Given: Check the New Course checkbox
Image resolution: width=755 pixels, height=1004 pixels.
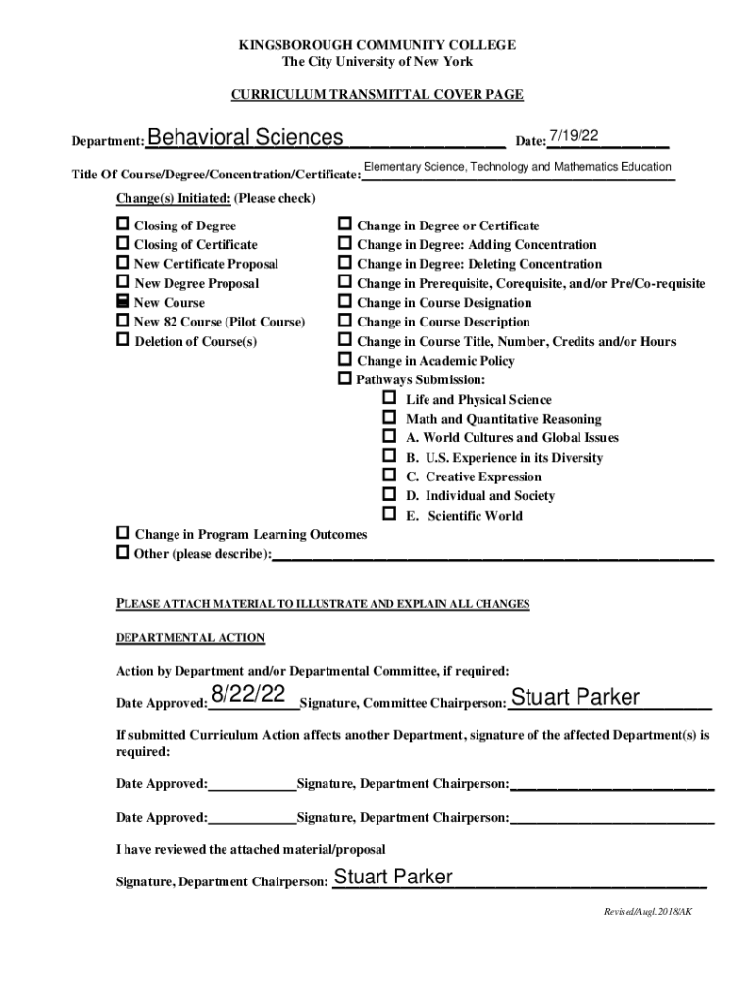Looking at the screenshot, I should [x=123, y=302].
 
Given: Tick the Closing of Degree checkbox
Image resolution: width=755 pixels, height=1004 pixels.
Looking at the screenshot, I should [x=123, y=225].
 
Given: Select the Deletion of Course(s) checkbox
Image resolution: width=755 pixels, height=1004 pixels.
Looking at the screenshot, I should [x=123, y=340].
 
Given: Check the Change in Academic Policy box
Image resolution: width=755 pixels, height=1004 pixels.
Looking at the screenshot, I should [x=345, y=360].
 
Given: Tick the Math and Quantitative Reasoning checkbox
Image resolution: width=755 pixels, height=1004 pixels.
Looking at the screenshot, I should [x=389, y=418].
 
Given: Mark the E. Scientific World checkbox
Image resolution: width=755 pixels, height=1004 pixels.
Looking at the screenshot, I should [x=389, y=514].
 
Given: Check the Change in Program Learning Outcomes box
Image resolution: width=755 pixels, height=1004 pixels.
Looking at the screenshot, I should [x=123, y=533].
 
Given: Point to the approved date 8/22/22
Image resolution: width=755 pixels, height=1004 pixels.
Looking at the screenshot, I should [x=249, y=695].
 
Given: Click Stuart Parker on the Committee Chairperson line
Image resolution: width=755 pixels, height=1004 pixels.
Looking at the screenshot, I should [x=576, y=698].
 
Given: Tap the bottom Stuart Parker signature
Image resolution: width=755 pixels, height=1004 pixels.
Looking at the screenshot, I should [x=393, y=877].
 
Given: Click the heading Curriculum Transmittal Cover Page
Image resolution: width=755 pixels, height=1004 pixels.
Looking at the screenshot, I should [x=377, y=95].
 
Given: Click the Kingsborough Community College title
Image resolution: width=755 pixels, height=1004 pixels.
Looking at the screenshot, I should [x=377, y=45].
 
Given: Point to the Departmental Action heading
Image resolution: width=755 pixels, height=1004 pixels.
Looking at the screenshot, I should [x=190, y=638].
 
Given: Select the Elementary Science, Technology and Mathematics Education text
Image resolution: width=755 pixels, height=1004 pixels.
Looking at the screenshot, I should [x=517, y=168].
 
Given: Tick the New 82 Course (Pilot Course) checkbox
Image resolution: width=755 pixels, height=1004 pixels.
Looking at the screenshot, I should [x=123, y=321].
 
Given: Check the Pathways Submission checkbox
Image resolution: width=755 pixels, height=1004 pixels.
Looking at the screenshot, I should [x=345, y=378].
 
